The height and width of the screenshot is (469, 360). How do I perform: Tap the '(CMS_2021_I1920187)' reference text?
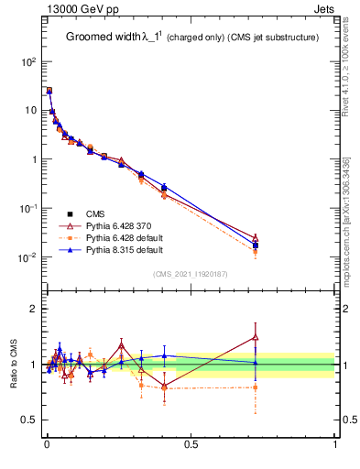[x=191, y=273]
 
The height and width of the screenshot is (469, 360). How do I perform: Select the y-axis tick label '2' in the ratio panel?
[x=34, y=309]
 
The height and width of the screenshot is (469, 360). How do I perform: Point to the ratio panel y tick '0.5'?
[x=29, y=420]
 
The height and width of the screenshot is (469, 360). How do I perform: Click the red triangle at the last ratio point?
[x=256, y=337]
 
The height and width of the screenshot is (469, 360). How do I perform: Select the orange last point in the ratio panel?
[x=256, y=387]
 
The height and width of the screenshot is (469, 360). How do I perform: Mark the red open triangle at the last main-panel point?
[x=256, y=237]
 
